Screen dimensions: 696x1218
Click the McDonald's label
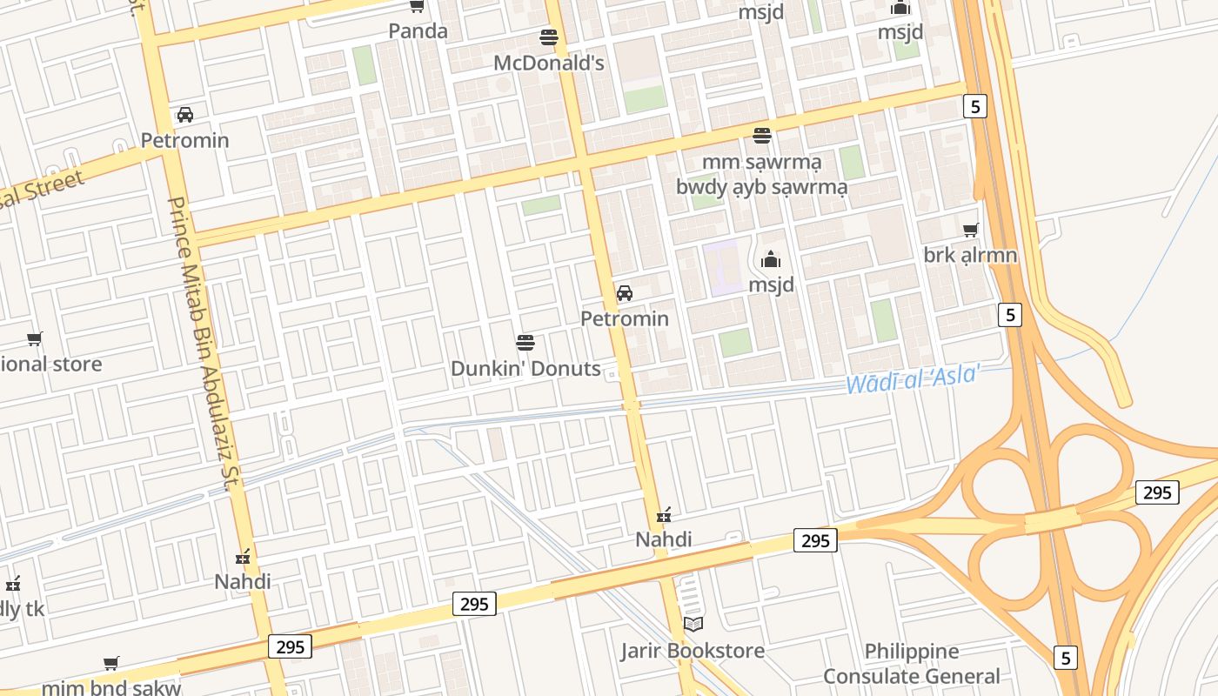tap(548, 64)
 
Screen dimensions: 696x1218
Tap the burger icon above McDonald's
tap(548, 37)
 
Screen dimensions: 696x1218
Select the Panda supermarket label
tap(418, 31)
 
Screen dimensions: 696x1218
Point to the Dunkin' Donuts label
tap(525, 368)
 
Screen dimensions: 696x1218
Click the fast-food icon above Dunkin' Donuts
tap(525, 342)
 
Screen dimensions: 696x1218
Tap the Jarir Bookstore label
tap(693, 651)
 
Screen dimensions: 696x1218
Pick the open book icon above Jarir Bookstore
tap(693, 624)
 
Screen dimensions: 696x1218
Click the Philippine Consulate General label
tap(912, 664)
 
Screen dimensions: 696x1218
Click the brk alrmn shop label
tap(970, 256)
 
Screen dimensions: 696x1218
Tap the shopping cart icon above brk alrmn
tap(970, 231)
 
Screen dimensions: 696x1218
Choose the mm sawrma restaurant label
tap(761, 162)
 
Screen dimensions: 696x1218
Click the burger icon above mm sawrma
tap(762, 136)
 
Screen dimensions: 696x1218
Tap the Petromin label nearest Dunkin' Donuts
tap(625, 318)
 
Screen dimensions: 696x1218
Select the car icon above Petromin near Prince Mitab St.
tap(185, 115)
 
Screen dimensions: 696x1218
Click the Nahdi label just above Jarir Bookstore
tap(663, 539)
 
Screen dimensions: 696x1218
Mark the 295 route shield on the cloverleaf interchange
tap(1156, 492)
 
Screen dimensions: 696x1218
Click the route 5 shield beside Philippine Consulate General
tap(1066, 658)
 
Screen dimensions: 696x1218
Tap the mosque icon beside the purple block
tap(771, 259)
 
